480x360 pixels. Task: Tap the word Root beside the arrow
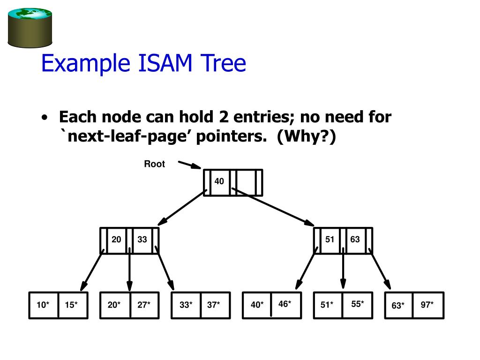click(154, 164)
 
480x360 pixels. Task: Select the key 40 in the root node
click(219, 181)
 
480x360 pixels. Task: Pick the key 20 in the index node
click(116, 240)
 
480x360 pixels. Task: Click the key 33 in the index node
click(142, 240)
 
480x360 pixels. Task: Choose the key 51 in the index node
click(330, 240)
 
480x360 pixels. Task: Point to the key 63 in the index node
click(355, 240)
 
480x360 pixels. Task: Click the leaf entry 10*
click(43, 305)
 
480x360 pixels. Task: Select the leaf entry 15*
click(71, 305)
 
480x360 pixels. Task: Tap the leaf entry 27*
click(144, 305)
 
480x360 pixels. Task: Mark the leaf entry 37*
click(214, 305)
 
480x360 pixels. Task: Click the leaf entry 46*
click(285, 304)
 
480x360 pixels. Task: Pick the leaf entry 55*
click(358, 304)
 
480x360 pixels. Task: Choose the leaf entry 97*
click(427, 305)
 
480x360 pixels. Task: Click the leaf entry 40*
click(257, 305)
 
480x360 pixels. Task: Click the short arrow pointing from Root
click(189, 165)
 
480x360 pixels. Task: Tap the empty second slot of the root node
click(245, 182)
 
